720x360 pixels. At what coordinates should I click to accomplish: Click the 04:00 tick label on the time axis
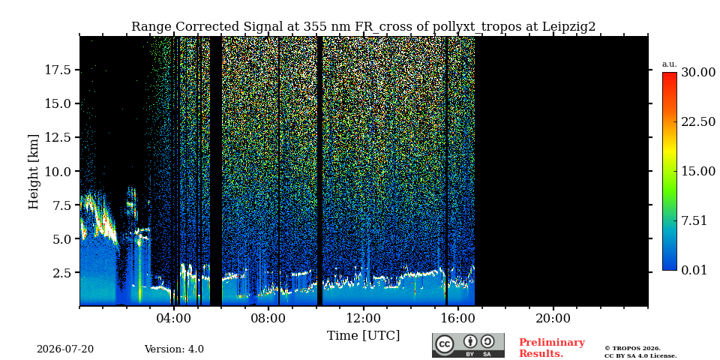point(174,318)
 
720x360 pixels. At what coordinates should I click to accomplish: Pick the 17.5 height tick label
point(58,70)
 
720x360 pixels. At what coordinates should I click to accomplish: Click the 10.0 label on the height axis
point(58,171)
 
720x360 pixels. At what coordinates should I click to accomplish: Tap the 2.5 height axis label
point(62,273)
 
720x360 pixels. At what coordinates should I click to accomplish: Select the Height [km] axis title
point(34,172)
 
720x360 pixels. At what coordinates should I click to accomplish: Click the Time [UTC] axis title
point(363,336)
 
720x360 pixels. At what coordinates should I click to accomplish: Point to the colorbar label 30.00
point(698,72)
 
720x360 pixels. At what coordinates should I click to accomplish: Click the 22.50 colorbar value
point(698,121)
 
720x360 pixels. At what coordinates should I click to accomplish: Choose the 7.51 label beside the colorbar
point(694,220)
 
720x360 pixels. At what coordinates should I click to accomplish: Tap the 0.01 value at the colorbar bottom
point(694,270)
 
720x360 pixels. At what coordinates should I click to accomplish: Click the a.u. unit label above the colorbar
point(670,64)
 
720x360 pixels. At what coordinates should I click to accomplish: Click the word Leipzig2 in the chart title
point(569,27)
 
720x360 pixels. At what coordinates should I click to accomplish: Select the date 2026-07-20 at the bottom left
point(65,349)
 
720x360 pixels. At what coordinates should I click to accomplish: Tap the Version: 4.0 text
point(174,349)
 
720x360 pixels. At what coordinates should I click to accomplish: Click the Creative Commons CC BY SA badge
point(468,345)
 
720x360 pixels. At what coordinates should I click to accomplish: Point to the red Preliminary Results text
point(552,348)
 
